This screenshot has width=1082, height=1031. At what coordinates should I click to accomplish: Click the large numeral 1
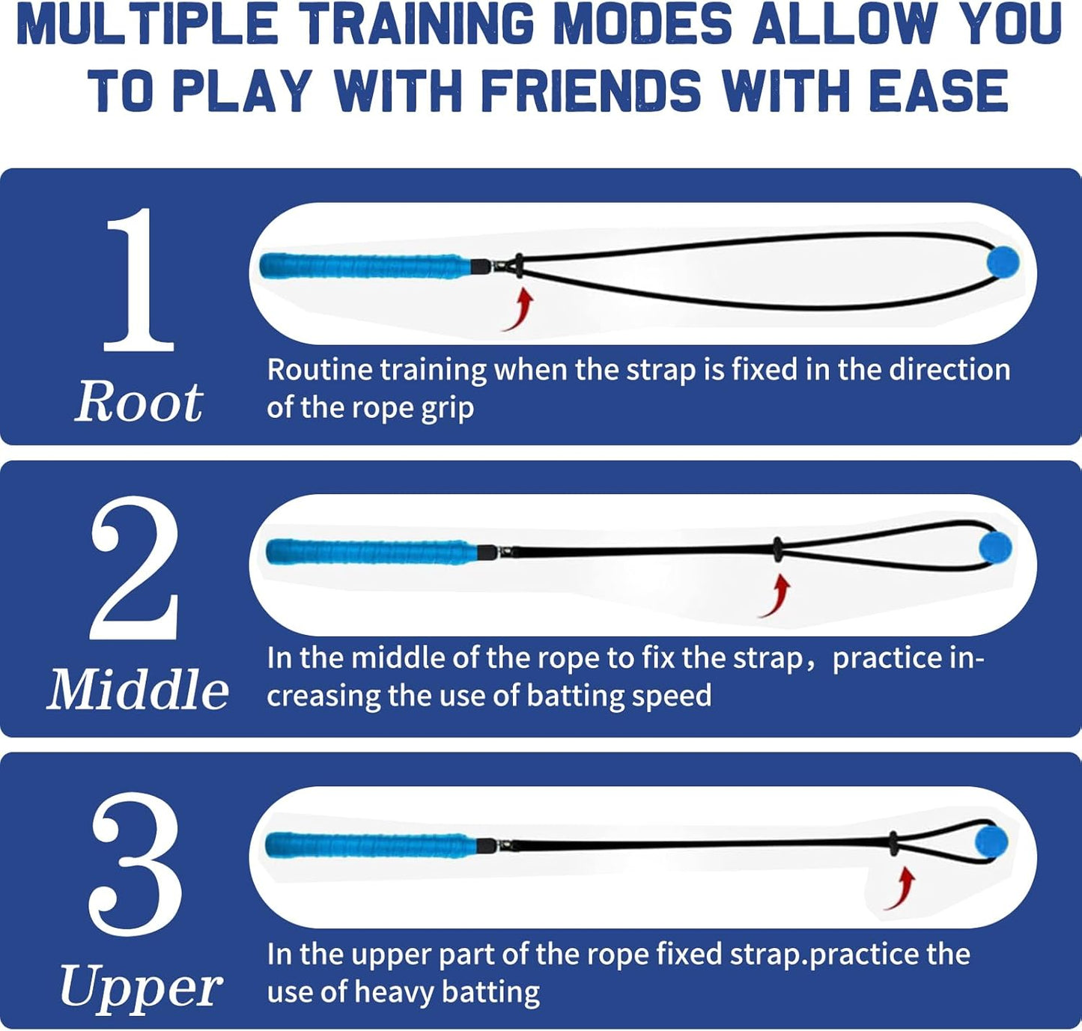139,281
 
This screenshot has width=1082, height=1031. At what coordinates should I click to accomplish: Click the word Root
139,402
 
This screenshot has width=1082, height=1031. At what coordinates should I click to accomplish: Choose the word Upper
140,987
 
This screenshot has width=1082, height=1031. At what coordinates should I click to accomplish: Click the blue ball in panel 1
1003,262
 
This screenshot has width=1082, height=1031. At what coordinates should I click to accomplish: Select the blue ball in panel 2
995,547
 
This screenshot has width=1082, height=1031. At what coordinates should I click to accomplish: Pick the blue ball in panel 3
990,842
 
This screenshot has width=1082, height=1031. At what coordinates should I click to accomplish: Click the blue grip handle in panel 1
365,266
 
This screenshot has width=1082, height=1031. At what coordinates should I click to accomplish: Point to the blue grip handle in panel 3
371,845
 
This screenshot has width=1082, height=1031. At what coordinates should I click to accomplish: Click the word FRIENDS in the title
590,91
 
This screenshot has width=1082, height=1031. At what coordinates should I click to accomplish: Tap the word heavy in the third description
394,992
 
